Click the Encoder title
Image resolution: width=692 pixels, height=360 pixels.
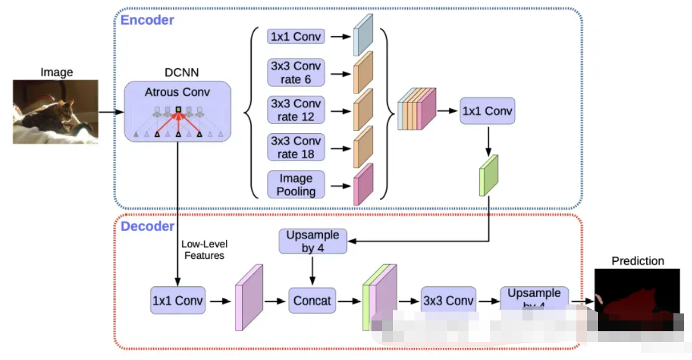(147, 20)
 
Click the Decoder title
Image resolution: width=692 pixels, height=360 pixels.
(147, 226)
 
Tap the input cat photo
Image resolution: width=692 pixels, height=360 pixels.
(56, 112)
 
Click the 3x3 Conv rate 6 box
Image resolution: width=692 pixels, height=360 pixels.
(296, 72)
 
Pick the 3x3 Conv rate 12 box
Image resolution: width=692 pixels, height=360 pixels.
(296, 110)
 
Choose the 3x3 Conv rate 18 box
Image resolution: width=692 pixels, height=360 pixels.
(296, 147)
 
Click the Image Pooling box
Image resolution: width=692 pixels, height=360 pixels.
(296, 184)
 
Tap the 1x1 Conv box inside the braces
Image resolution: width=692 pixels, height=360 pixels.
(296, 37)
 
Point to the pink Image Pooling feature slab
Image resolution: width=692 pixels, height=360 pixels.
(363, 184)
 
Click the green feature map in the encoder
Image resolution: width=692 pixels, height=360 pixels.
(488, 175)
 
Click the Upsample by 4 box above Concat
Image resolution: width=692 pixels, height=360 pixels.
(313, 241)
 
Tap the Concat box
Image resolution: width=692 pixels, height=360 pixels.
(312, 301)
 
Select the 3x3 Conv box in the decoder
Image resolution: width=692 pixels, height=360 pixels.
(448, 301)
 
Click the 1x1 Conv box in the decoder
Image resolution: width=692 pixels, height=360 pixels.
(178, 301)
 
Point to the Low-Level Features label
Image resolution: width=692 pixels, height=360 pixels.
(204, 250)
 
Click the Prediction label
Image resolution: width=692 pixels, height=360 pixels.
(637, 261)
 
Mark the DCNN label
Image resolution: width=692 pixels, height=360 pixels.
(182, 72)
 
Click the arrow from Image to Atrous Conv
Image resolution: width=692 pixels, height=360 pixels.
(111, 111)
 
